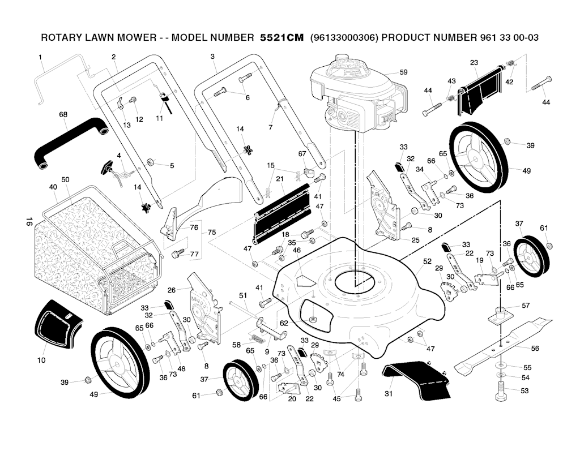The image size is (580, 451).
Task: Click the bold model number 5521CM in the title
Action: (282, 38)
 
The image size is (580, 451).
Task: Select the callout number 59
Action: (403, 72)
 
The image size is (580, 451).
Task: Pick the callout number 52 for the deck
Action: (427, 261)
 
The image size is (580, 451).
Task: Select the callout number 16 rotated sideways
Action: (29, 221)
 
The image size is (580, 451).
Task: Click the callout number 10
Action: (41, 360)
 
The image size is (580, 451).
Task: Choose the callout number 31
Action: (389, 394)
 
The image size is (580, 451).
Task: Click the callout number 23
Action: (474, 62)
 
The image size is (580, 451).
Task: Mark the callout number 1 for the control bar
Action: (40, 57)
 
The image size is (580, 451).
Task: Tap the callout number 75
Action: (212, 232)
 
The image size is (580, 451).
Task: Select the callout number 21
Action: (280, 179)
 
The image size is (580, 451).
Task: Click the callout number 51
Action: (243, 295)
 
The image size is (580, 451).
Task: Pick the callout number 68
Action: (63, 114)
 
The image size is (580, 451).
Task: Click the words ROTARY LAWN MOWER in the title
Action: (100, 38)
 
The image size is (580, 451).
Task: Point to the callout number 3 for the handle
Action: (212, 57)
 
